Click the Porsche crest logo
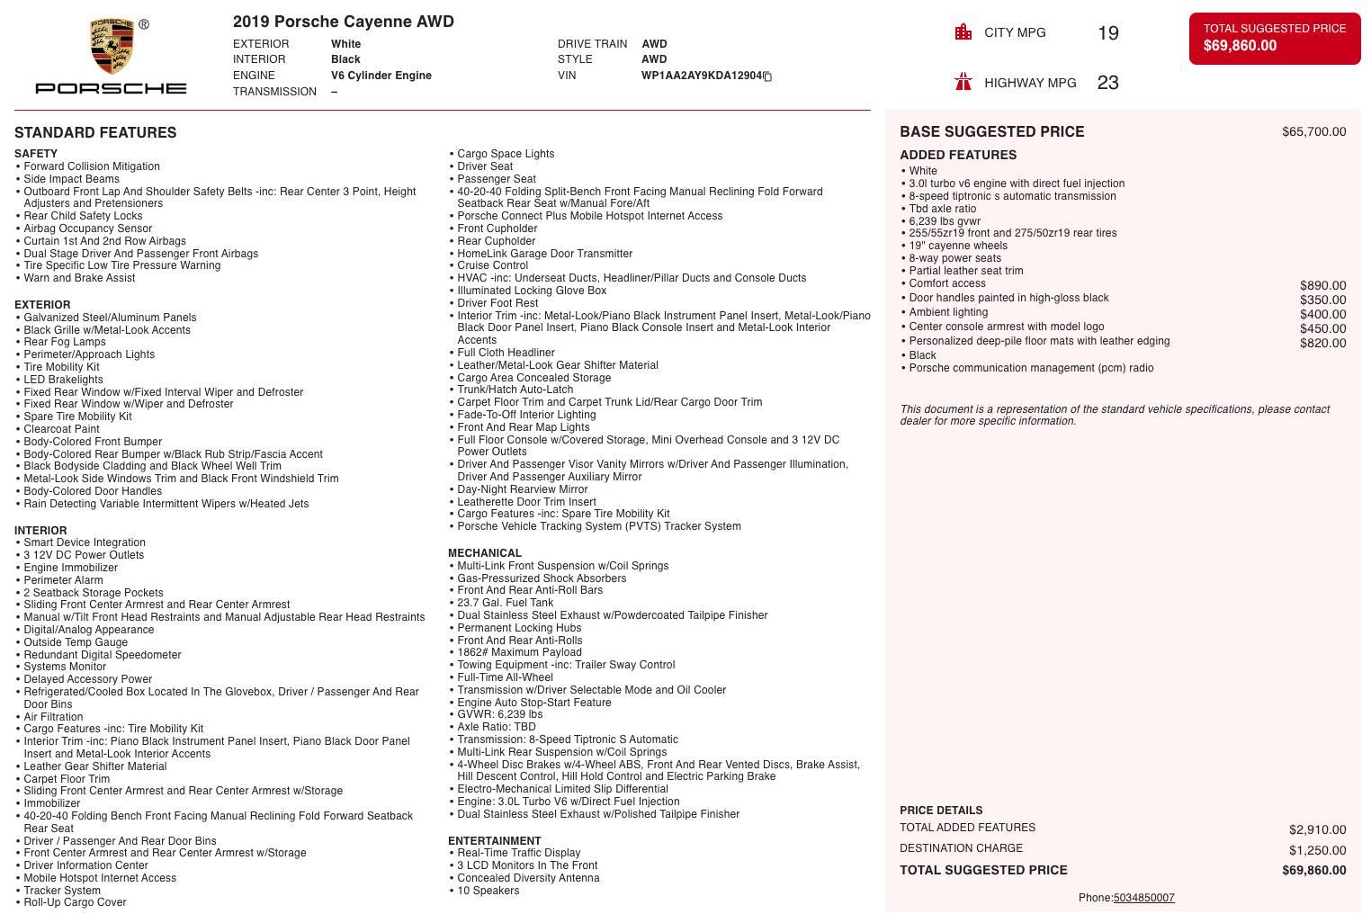tap(112, 46)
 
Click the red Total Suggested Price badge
tap(1274, 38)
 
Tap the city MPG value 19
tap(1107, 33)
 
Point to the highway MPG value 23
tap(1107, 83)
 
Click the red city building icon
tap(963, 32)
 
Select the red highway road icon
tap(963, 83)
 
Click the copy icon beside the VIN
tap(767, 76)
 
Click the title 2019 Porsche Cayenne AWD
tap(343, 22)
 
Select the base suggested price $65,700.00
tap(1313, 132)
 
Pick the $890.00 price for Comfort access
tap(1322, 286)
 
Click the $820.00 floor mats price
tap(1322, 344)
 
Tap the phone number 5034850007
tap(1143, 898)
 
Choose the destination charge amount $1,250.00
tap(1317, 850)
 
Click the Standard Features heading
tap(95, 132)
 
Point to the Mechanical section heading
tap(484, 553)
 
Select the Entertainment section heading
tap(494, 841)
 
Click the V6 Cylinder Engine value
tap(381, 76)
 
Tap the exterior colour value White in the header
tap(345, 44)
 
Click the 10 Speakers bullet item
tap(488, 891)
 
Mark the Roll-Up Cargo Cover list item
tap(75, 902)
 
